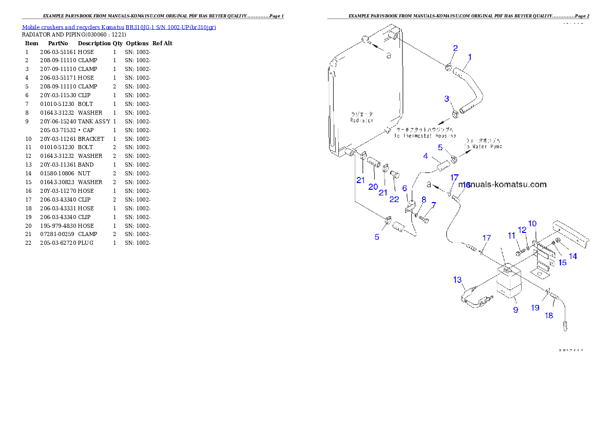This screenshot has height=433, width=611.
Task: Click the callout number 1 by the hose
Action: pos(470,57)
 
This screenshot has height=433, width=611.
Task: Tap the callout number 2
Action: pos(455,48)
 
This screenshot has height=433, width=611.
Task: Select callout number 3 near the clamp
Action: pos(447,98)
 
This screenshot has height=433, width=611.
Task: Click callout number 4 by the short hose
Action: pos(425,156)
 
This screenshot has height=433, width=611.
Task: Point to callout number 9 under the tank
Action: pos(515,310)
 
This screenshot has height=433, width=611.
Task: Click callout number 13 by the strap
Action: pos(457,280)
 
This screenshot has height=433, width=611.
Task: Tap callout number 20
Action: pos(373,187)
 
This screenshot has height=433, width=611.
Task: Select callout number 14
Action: pos(573,256)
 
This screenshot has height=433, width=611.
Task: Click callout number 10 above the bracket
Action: pos(532,223)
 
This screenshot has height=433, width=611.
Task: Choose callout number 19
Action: pos(535,308)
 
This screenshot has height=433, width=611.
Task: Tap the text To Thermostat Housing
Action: pos(425,136)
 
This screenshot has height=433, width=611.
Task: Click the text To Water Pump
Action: pos(483,147)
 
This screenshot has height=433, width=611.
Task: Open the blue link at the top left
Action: pos(119,27)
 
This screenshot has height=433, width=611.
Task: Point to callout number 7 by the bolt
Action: pos(434,205)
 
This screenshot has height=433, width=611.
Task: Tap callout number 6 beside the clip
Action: pos(405,189)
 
